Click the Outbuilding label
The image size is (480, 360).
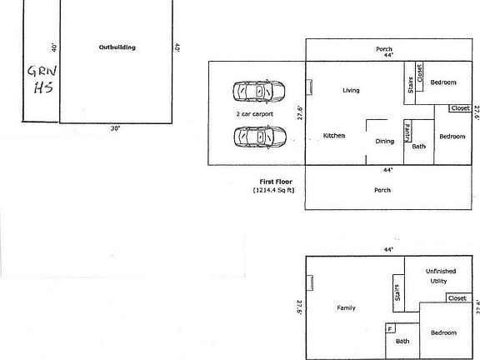(x=117, y=47)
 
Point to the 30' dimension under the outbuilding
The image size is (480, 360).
(x=114, y=128)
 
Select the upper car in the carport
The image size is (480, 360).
(x=259, y=90)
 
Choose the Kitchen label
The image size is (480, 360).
(x=334, y=135)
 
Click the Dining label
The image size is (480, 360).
(x=384, y=141)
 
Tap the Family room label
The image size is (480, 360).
(x=346, y=307)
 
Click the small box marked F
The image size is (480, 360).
(x=389, y=329)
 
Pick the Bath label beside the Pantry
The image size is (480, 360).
(x=419, y=147)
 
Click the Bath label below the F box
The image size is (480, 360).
(x=402, y=341)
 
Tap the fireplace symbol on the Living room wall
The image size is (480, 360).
(x=310, y=85)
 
